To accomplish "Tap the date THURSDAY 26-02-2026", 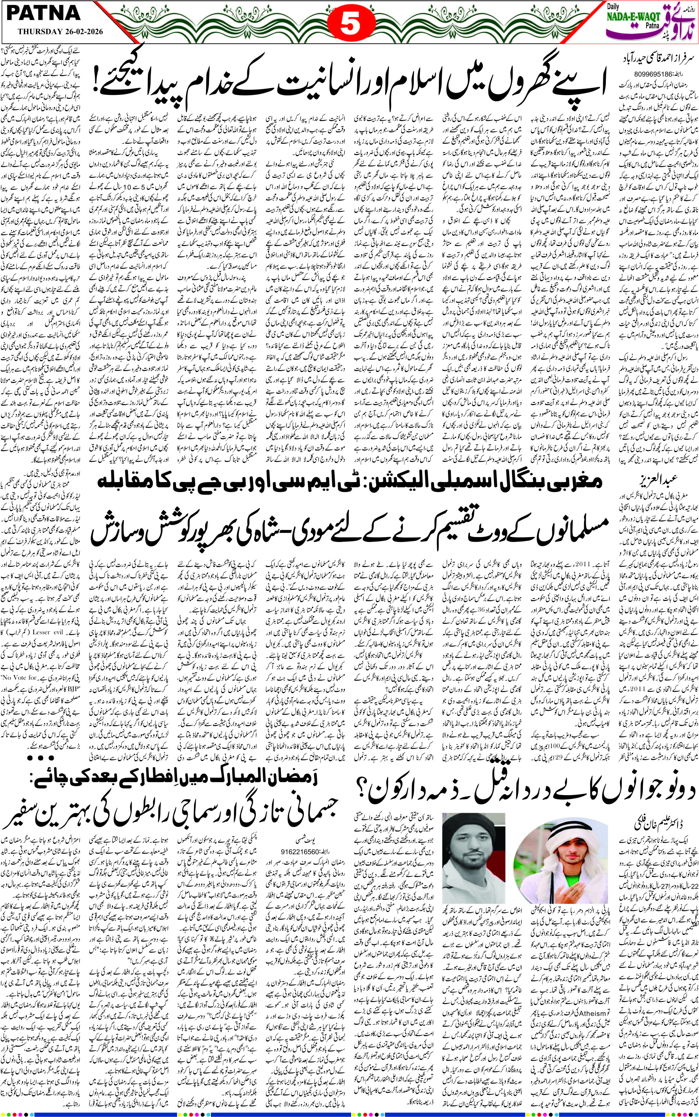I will pos(60,31).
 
